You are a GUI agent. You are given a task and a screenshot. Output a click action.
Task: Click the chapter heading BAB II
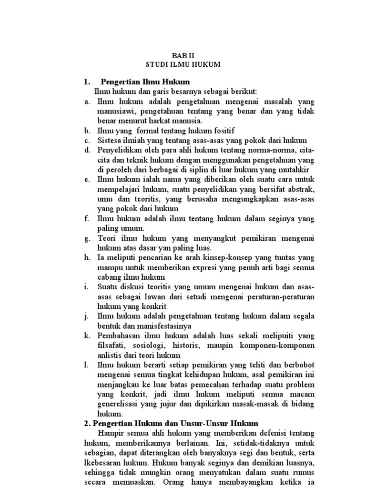pos(183,55)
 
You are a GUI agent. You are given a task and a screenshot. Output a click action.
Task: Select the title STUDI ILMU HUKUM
pos(183,64)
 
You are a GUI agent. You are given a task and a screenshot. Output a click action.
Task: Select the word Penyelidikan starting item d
pos(118,150)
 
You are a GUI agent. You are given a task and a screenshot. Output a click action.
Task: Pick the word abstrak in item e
pos(302,189)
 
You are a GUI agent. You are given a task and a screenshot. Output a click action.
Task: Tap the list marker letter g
pos(87,238)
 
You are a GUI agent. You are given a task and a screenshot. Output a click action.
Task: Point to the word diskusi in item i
pos(132,287)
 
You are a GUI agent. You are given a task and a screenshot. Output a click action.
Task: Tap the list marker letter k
pos(87,336)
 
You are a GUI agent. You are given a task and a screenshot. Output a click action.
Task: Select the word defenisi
pos(268,433)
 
